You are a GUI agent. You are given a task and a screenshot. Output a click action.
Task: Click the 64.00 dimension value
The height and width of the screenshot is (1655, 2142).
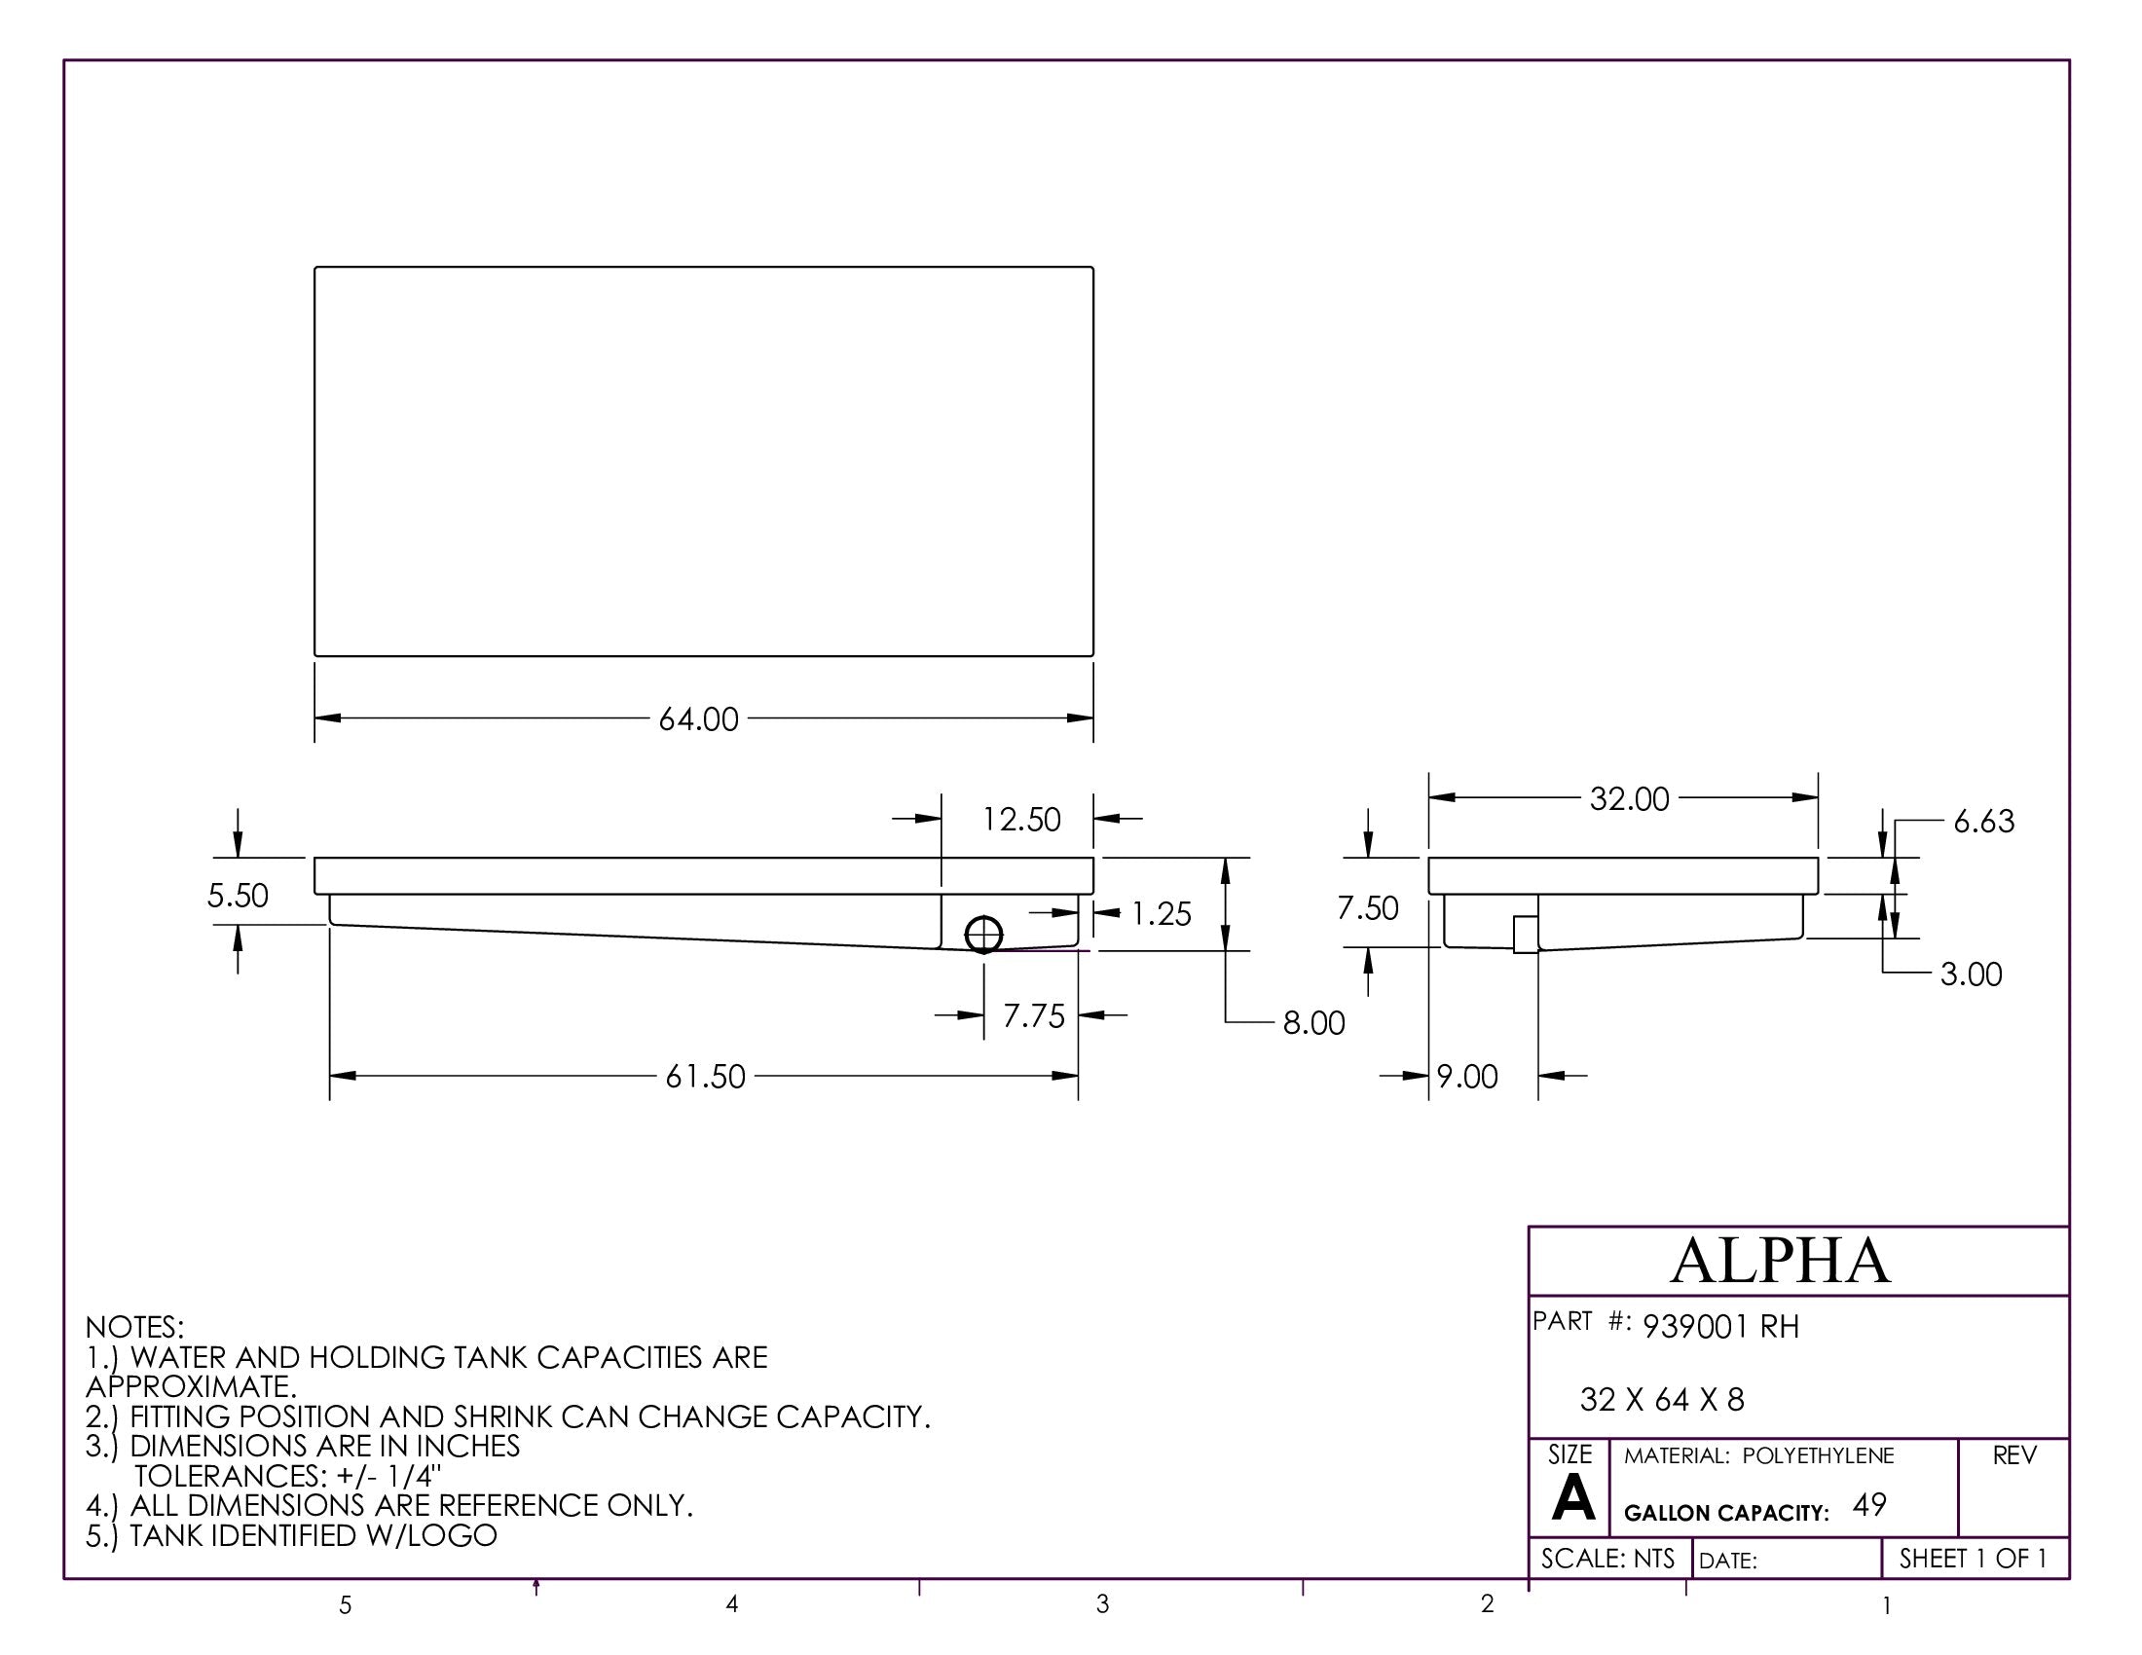pos(697,719)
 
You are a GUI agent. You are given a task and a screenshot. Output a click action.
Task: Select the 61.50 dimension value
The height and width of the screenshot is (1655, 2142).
pos(705,1078)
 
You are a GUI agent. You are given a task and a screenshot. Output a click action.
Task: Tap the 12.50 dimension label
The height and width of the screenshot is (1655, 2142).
pos(1021,820)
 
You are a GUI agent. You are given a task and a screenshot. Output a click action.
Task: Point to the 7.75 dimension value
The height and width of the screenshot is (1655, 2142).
pos(1033,1016)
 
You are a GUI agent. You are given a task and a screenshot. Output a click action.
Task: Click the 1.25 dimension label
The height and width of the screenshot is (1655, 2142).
pos(1161,915)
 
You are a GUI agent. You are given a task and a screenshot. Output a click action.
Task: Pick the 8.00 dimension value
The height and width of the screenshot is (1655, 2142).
pos(1313,1023)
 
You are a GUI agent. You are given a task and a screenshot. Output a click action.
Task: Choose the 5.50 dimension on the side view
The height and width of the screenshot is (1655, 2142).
pos(238,896)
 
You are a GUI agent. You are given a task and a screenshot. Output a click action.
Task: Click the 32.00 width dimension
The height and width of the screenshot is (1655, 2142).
pos(1629,799)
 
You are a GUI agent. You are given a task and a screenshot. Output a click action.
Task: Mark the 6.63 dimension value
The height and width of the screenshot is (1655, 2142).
pos(1983,822)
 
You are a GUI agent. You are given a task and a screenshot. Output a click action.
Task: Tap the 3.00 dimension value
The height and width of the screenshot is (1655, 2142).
pos(1971,975)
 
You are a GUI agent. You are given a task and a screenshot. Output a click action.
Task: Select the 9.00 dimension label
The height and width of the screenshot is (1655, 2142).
pos(1467,1078)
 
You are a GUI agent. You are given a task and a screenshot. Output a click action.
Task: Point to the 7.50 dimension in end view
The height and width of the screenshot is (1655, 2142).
pos(1367,909)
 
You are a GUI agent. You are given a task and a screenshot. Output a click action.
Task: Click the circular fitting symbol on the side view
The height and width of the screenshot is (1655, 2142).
pos(983,936)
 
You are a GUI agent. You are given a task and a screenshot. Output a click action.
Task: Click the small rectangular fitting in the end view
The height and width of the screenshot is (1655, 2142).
pos(1525,935)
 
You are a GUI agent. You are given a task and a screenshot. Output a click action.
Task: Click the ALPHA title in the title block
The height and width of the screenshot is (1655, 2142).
pos(1779,1262)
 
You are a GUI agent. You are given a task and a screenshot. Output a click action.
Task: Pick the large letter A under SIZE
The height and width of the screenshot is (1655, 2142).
pos(1572,1499)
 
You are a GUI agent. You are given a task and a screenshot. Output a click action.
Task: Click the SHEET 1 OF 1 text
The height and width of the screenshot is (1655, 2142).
pos(1973,1559)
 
